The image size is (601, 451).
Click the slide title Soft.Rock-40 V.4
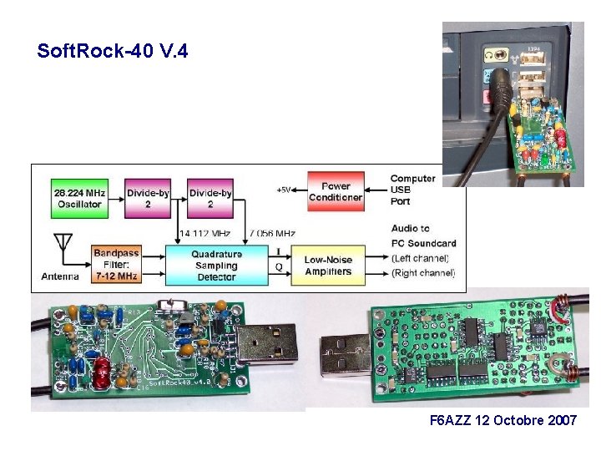pyautogui.click(x=113, y=52)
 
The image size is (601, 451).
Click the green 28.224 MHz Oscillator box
pyautogui.click(x=78, y=198)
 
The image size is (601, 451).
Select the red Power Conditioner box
pyautogui.click(x=336, y=192)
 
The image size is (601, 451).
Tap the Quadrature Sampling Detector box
pyautogui.click(x=216, y=265)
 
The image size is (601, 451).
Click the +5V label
pyautogui.click(x=284, y=190)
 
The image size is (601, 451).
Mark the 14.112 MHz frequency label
pyautogui.click(x=205, y=233)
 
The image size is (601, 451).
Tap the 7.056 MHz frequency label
pyautogui.click(x=272, y=233)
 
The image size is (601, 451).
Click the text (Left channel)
pyautogui.click(x=423, y=258)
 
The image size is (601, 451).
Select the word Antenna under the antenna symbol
pyautogui.click(x=59, y=276)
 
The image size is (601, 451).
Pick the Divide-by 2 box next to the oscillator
pyautogui.click(x=148, y=198)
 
